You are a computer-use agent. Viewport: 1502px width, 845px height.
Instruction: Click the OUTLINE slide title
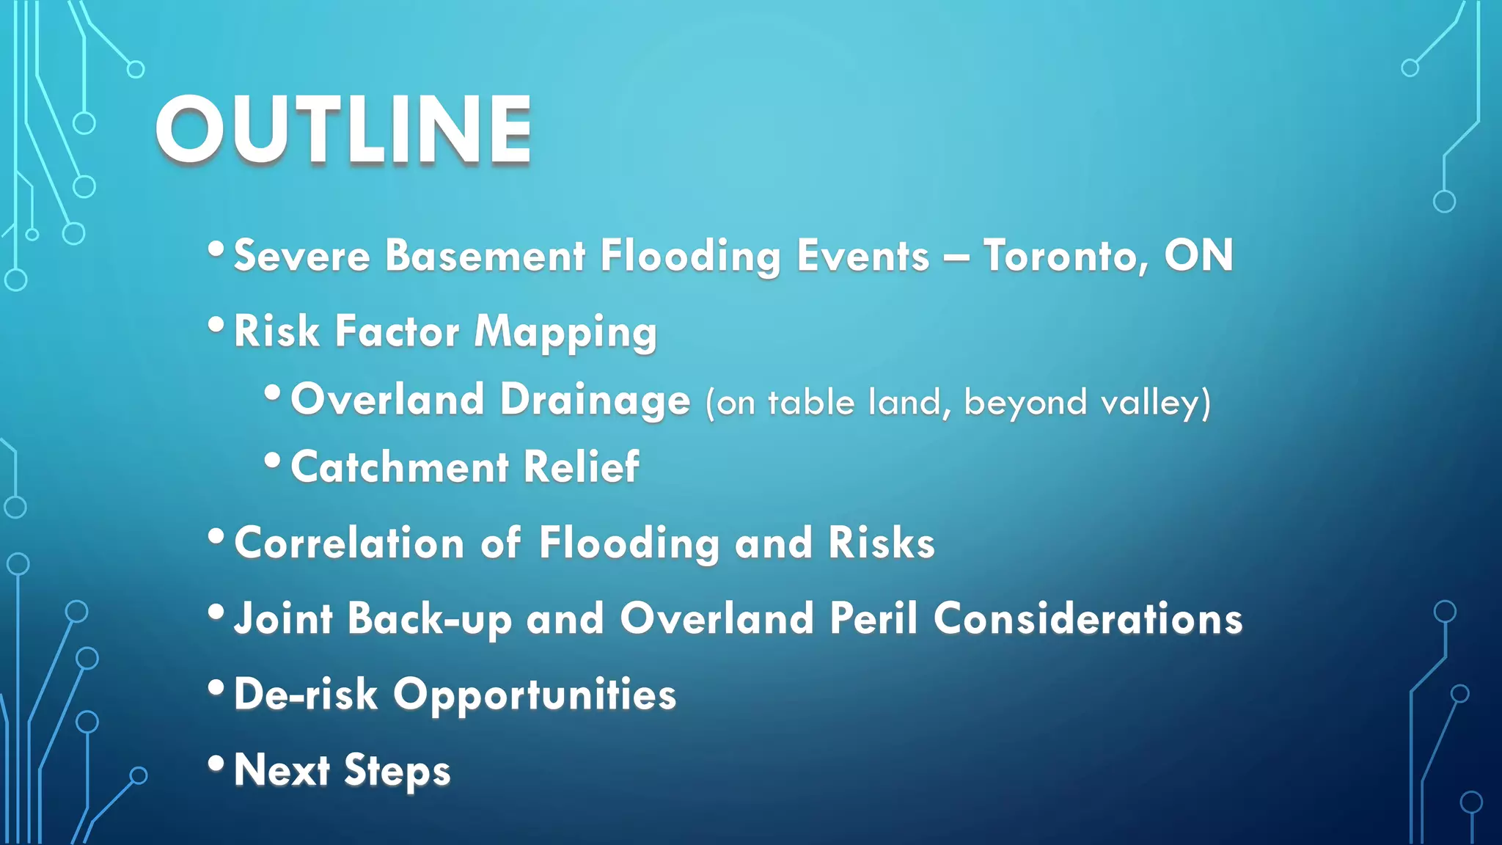pos(343,131)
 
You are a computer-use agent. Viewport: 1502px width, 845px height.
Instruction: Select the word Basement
pos(485,256)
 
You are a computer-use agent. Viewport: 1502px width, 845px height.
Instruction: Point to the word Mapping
pos(565,332)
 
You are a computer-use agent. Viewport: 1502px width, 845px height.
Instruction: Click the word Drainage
pos(595,400)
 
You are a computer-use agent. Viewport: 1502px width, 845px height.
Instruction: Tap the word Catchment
pos(400,467)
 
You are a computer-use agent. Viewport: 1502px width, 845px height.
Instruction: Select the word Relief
pos(581,467)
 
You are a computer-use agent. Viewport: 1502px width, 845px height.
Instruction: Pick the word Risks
pos(881,544)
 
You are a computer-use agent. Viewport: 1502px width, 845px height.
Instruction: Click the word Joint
pos(283,618)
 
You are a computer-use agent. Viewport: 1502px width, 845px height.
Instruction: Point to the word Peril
pos(873,618)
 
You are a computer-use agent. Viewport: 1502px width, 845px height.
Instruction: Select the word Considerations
pos(1088,618)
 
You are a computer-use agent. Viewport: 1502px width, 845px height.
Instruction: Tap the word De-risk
pos(305,695)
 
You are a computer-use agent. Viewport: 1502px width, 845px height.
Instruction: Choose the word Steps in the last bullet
pos(397,772)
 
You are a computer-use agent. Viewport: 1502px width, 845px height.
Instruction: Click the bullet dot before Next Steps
pos(216,764)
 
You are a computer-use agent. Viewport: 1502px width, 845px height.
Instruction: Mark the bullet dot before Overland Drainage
pos(272,394)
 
